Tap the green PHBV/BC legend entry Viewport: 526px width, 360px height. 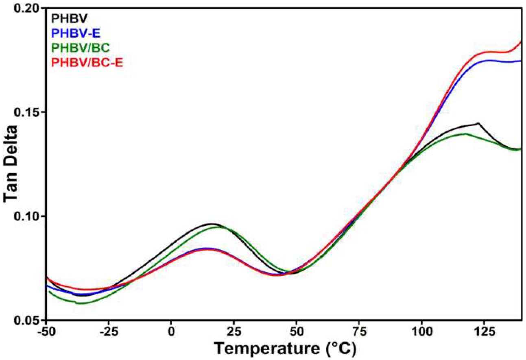click(80, 48)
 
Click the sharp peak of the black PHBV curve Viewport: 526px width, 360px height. click(478, 123)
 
